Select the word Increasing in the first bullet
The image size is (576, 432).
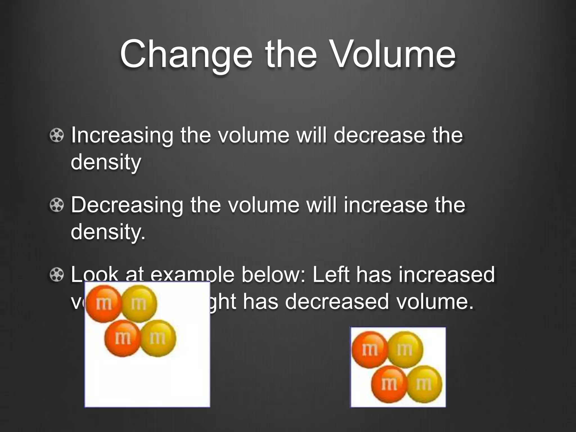[122, 136]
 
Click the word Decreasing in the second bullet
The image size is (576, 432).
[127, 205]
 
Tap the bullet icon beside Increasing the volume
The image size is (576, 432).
[57, 135]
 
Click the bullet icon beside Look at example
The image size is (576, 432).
[57, 274]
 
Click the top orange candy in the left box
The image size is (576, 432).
[103, 303]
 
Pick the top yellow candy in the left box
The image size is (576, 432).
[139, 303]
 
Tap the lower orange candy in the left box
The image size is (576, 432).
[122, 338]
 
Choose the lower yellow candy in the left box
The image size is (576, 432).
[158, 338]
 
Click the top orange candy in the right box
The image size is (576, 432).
[370, 350]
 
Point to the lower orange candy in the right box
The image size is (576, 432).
[389, 384]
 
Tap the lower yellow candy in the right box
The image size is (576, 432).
[424, 384]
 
